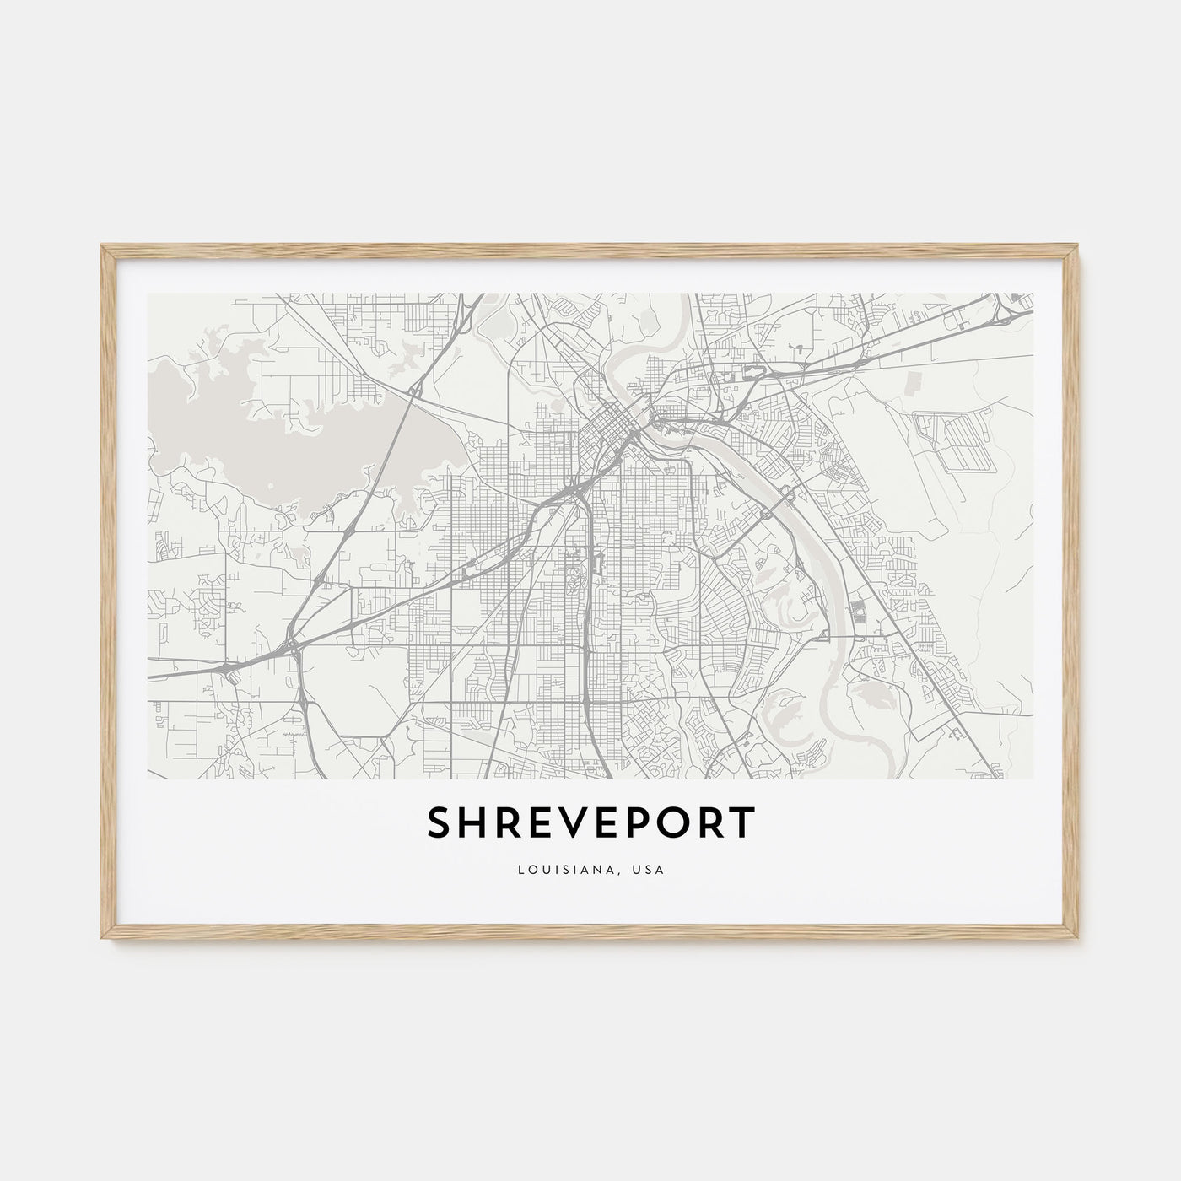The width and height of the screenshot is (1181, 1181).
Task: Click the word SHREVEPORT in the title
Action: [590, 823]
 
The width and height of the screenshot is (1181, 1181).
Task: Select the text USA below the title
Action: [650, 869]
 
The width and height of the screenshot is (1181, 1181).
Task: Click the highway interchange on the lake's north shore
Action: [415, 391]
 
